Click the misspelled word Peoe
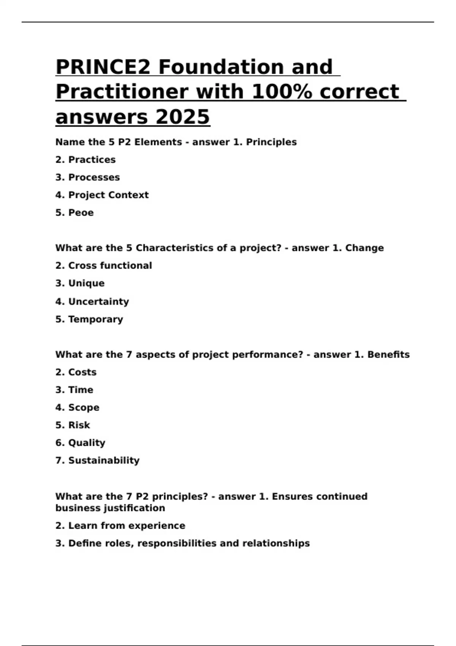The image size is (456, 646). tap(81, 213)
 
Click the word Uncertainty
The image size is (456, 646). tap(98, 302)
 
